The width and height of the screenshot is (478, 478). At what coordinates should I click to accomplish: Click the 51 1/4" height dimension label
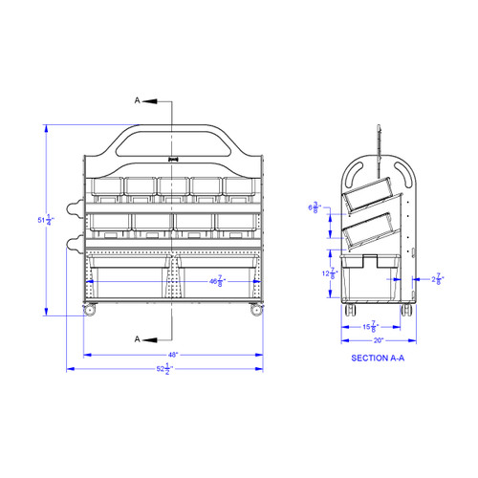[44, 220]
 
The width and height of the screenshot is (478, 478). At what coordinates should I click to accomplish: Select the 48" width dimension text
[173, 354]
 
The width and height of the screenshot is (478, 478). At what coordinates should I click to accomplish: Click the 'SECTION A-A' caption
[380, 358]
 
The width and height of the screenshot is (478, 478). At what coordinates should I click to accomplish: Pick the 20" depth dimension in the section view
[379, 340]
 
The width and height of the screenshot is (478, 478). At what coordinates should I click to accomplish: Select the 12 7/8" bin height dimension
[328, 274]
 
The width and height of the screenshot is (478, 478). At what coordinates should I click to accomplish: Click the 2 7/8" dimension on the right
[437, 279]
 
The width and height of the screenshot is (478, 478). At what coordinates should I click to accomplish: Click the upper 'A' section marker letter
[139, 99]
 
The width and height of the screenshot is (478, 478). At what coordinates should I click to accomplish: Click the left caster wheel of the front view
[91, 310]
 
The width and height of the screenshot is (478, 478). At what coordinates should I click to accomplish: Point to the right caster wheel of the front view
[255, 310]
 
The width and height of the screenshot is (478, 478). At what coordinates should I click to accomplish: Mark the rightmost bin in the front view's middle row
[234, 223]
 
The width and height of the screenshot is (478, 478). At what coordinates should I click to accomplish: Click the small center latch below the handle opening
[172, 161]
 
